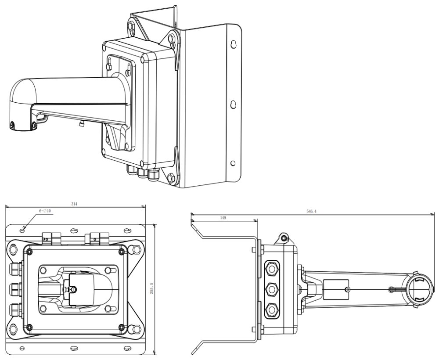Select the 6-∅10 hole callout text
coord(45,211)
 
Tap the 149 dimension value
coord(223,217)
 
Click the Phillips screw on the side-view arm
coord(347,289)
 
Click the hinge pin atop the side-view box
coord(284,238)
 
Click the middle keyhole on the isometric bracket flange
coord(233,104)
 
